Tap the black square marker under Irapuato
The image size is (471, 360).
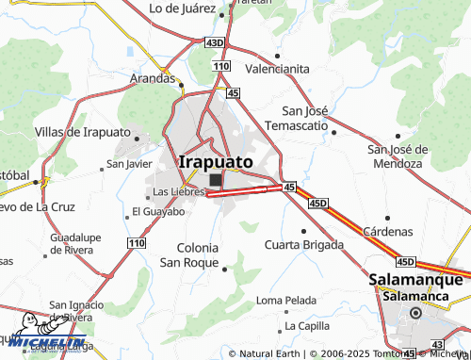(217, 180)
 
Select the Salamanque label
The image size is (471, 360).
(415, 280)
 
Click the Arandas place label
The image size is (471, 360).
(153, 78)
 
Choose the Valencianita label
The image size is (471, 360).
(277, 69)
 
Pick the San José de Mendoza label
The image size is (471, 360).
(398, 156)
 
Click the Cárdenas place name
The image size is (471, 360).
(388, 231)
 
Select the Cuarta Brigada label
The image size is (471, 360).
(302, 246)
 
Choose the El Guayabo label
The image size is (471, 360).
(158, 211)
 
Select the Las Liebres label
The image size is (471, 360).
(179, 191)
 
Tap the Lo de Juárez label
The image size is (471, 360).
(186, 9)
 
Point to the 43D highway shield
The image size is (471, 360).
(215, 42)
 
